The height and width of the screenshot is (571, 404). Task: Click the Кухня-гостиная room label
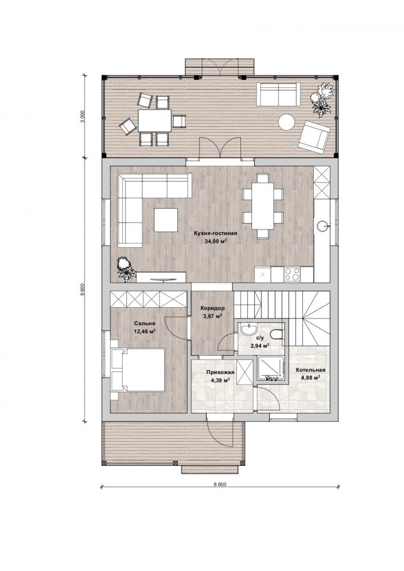point(216,233)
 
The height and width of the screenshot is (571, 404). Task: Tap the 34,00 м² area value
point(215,240)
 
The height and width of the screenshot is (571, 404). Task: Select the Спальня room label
point(145,323)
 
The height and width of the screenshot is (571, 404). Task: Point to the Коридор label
point(212,308)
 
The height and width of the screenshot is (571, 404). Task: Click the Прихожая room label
point(220,372)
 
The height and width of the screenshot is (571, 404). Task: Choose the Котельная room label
point(310,370)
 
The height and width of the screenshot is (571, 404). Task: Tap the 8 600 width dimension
point(219,484)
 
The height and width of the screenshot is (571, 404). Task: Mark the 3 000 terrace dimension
point(83,117)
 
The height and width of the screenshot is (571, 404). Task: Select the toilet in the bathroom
point(277,334)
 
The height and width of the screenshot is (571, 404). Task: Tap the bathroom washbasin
point(249,329)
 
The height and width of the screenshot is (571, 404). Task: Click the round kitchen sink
point(323,226)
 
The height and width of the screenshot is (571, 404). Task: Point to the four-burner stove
point(292,274)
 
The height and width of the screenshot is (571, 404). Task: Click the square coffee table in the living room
point(166,220)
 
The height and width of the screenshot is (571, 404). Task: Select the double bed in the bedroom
point(138,370)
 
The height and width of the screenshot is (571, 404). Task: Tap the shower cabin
point(271,368)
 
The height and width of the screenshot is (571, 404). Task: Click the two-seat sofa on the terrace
point(279,94)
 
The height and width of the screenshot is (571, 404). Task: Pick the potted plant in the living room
point(125,269)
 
